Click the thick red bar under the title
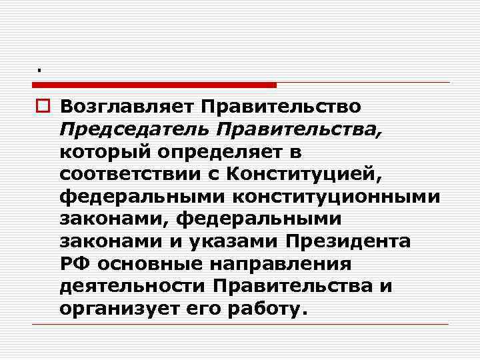[154, 85]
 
